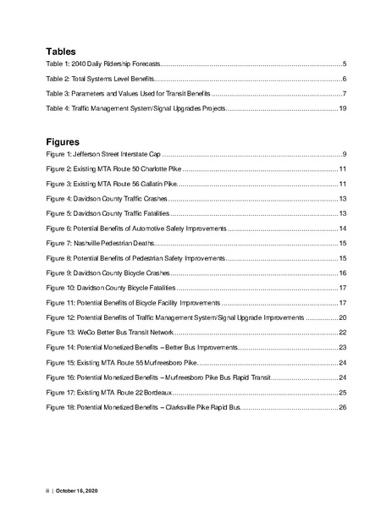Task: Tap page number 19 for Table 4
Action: (341, 110)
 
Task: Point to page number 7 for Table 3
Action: (344, 95)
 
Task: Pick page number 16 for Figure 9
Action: (342, 273)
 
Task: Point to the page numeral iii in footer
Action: (47, 490)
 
